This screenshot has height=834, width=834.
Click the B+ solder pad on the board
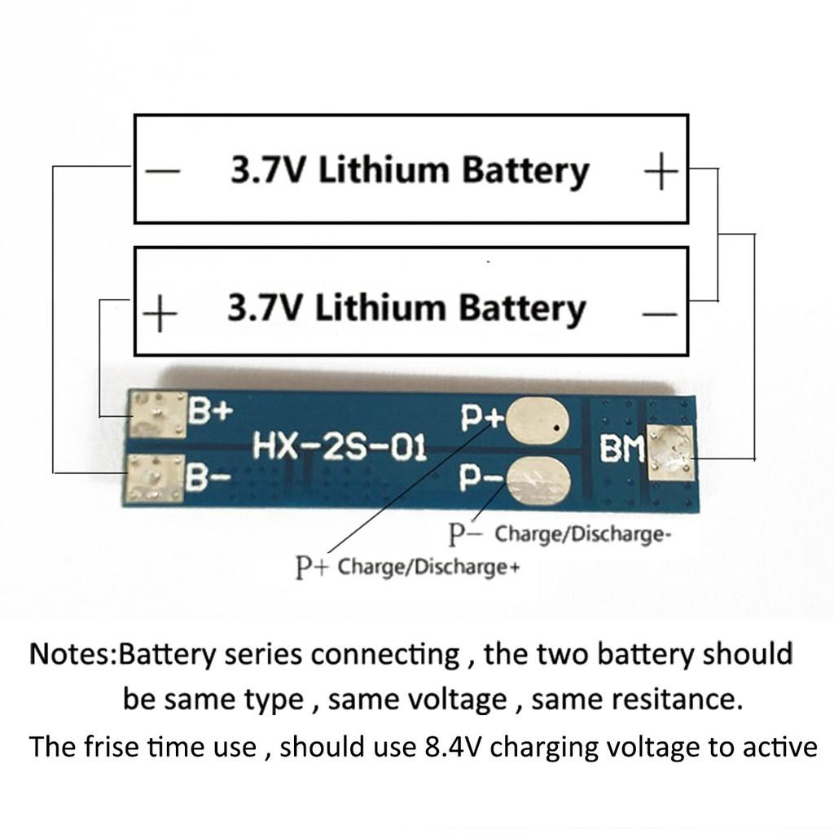(x=156, y=413)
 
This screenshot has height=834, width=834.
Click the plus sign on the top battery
(x=661, y=173)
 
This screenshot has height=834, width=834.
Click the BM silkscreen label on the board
(x=621, y=449)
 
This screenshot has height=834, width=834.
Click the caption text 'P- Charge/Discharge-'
(x=561, y=535)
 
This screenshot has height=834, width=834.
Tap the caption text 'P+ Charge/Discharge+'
(x=406, y=567)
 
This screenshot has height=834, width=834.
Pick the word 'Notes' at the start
(x=69, y=655)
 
